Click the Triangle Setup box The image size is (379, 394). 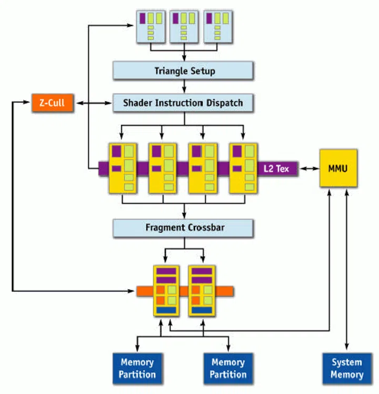click(x=184, y=71)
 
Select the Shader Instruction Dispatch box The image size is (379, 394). click(x=184, y=103)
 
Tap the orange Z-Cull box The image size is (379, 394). click(x=52, y=103)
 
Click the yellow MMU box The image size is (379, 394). click(x=338, y=168)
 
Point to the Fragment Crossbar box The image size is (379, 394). click(x=184, y=228)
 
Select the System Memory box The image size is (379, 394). click(x=346, y=368)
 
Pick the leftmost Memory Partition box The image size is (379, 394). click(x=137, y=368)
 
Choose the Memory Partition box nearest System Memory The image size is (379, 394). click(x=228, y=368)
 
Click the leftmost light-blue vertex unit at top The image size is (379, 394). click(x=151, y=26)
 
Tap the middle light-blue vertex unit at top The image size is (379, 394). click(x=184, y=26)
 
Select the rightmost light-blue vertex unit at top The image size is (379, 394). click(x=217, y=26)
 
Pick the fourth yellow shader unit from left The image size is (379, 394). click(x=244, y=168)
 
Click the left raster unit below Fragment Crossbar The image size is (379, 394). click(x=166, y=290)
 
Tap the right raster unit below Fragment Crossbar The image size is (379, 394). click(x=202, y=290)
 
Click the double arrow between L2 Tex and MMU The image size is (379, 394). click(x=308, y=169)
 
